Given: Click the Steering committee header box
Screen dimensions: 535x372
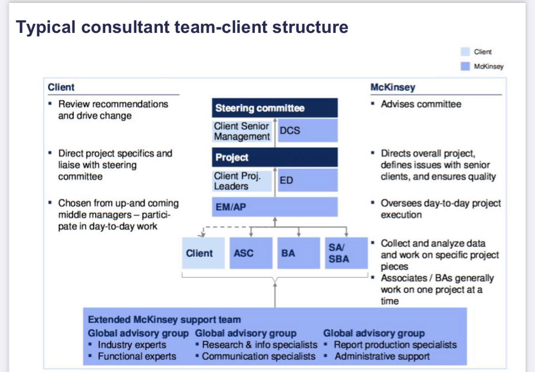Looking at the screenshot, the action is (274, 108).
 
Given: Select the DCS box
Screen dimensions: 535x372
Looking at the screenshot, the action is (307, 130).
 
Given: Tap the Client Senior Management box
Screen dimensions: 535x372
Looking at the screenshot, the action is (242, 131).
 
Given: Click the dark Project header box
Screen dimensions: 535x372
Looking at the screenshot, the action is (274, 157).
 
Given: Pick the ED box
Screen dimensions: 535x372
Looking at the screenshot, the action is (307, 180).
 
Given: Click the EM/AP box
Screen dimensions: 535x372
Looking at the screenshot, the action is (274, 207).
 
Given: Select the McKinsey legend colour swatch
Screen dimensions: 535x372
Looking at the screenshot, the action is (465, 66).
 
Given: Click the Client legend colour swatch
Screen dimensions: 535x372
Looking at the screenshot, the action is (465, 52).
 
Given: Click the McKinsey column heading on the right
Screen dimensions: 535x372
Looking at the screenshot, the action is (393, 87).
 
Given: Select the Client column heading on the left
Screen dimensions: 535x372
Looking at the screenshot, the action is (61, 87).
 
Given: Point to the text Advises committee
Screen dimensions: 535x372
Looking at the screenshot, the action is (421, 104).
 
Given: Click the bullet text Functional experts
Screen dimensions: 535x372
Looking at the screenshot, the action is (137, 356).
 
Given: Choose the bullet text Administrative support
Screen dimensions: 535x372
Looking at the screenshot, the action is (382, 356).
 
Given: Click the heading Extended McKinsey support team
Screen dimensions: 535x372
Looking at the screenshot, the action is (164, 320).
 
